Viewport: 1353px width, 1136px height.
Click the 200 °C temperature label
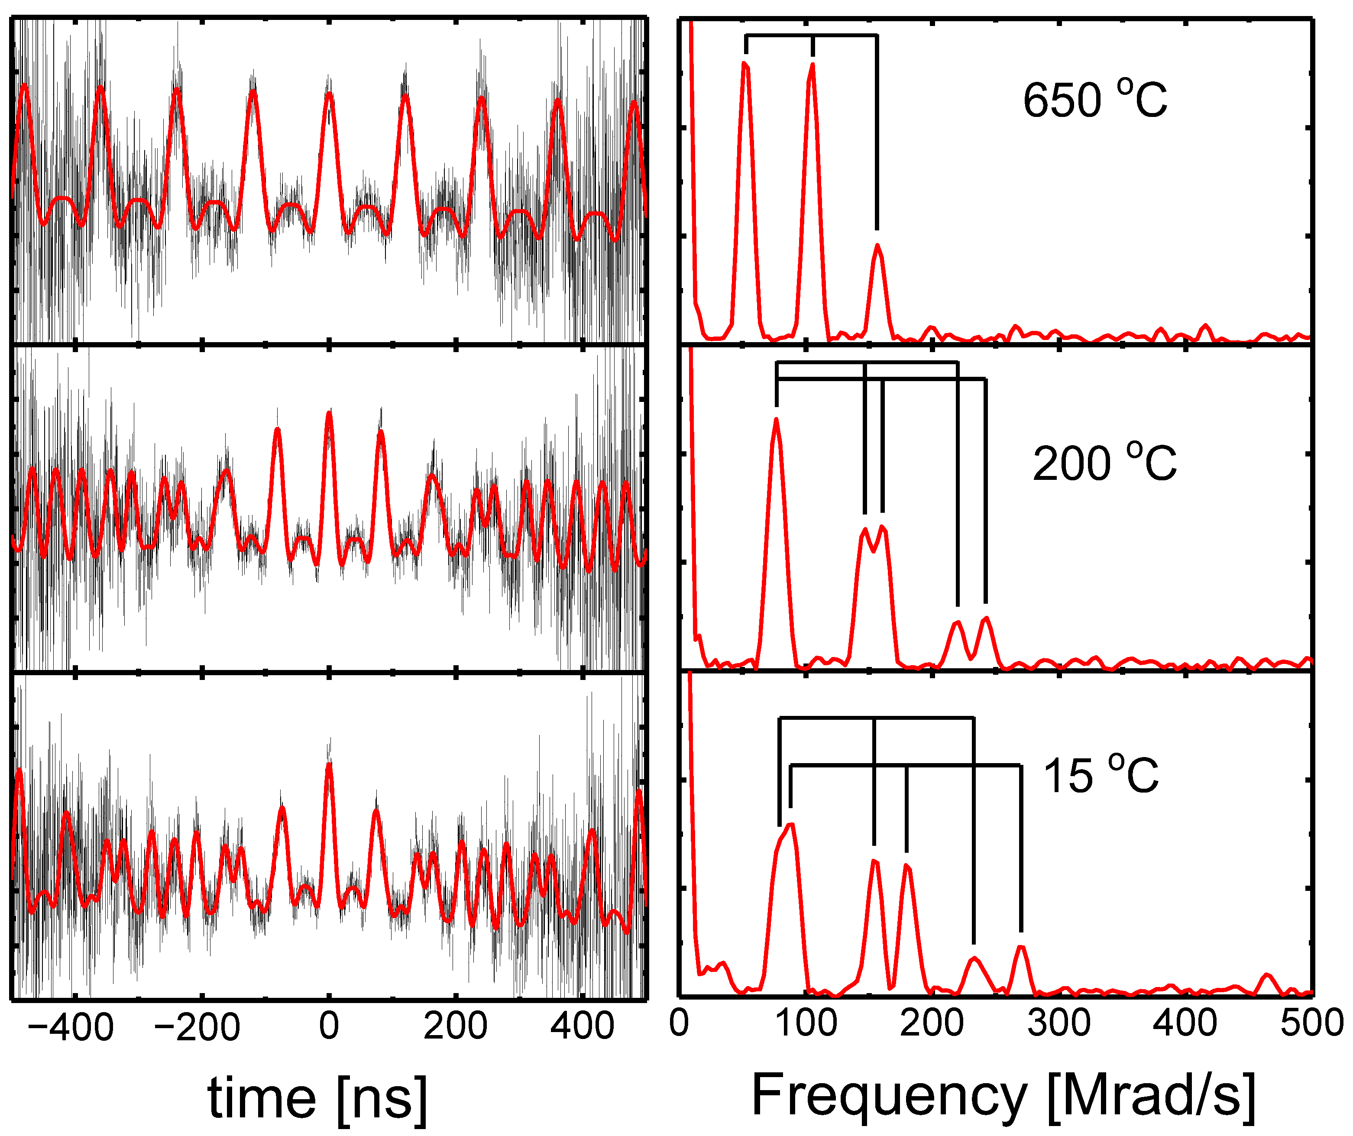(x=1104, y=463)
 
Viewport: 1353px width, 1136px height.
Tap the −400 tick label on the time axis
(x=71, y=1026)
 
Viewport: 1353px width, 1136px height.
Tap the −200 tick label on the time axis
(x=197, y=1026)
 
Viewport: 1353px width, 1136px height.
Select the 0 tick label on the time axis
(x=329, y=1025)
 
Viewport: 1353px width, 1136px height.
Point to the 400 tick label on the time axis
(x=582, y=1025)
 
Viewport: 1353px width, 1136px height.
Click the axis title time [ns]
(x=317, y=1099)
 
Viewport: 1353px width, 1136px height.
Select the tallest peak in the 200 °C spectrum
(x=777, y=420)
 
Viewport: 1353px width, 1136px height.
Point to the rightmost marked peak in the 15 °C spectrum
(x=1020, y=947)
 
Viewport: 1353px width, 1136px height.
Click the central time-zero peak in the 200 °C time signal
(x=329, y=414)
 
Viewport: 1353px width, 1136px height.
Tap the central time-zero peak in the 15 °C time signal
(x=329, y=766)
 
